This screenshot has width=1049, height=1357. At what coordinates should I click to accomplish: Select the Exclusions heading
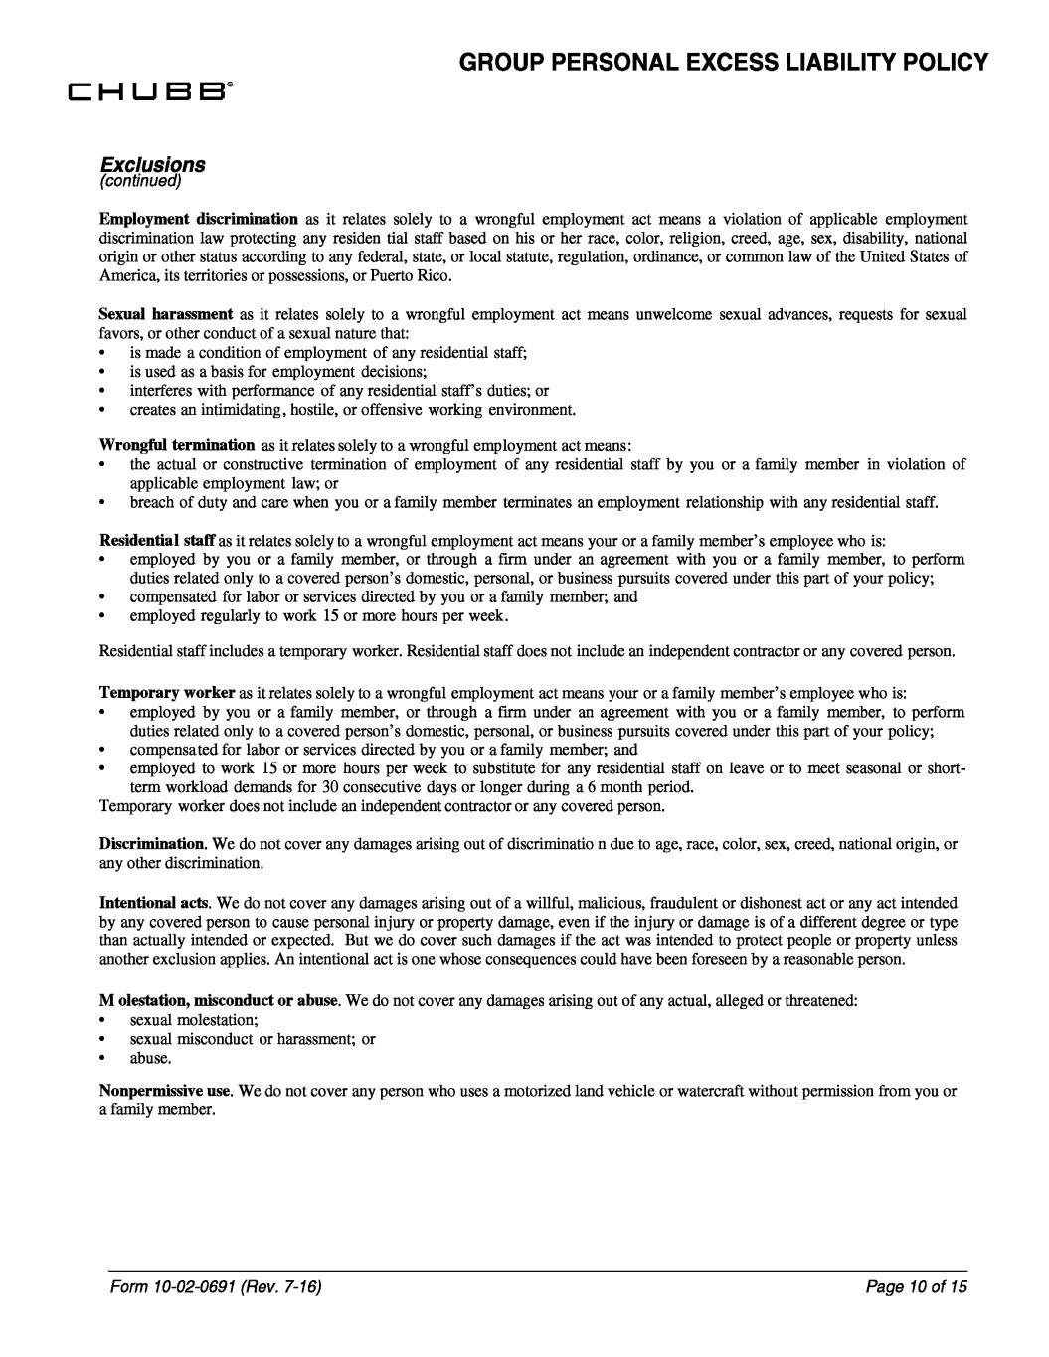pyautogui.click(x=152, y=163)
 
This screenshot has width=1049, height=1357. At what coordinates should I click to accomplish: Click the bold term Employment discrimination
pyautogui.click(x=199, y=219)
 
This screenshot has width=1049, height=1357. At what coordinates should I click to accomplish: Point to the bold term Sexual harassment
pyautogui.click(x=166, y=314)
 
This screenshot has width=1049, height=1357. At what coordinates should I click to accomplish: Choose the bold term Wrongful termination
pyautogui.click(x=177, y=445)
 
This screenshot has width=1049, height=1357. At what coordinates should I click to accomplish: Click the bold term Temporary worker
pyautogui.click(x=167, y=692)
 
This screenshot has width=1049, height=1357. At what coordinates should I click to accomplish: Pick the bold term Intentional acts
pyautogui.click(x=153, y=904)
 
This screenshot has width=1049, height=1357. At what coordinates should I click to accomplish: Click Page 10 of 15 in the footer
pyautogui.click(x=925, y=1287)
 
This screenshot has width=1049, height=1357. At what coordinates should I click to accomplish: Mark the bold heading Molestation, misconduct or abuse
pyautogui.click(x=219, y=998)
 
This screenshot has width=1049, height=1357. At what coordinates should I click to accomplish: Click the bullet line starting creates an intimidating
pyautogui.click(x=352, y=409)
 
